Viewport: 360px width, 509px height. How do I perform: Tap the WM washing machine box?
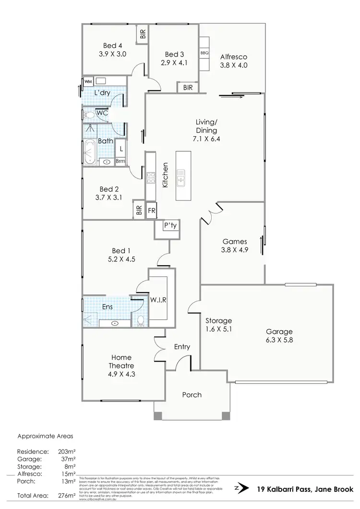click(88, 82)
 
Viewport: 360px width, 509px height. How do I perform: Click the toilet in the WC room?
click(89, 114)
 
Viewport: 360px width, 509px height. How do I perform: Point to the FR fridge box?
click(152, 211)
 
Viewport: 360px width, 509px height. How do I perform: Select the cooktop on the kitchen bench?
click(151, 178)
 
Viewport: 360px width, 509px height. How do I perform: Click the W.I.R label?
click(159, 300)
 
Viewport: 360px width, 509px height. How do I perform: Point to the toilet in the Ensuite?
click(141, 320)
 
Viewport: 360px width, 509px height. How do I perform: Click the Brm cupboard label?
click(120, 161)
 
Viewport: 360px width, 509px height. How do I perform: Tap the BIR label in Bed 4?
click(143, 34)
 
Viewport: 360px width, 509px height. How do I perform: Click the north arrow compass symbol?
click(243, 488)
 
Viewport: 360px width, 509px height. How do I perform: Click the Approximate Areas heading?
click(45, 436)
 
